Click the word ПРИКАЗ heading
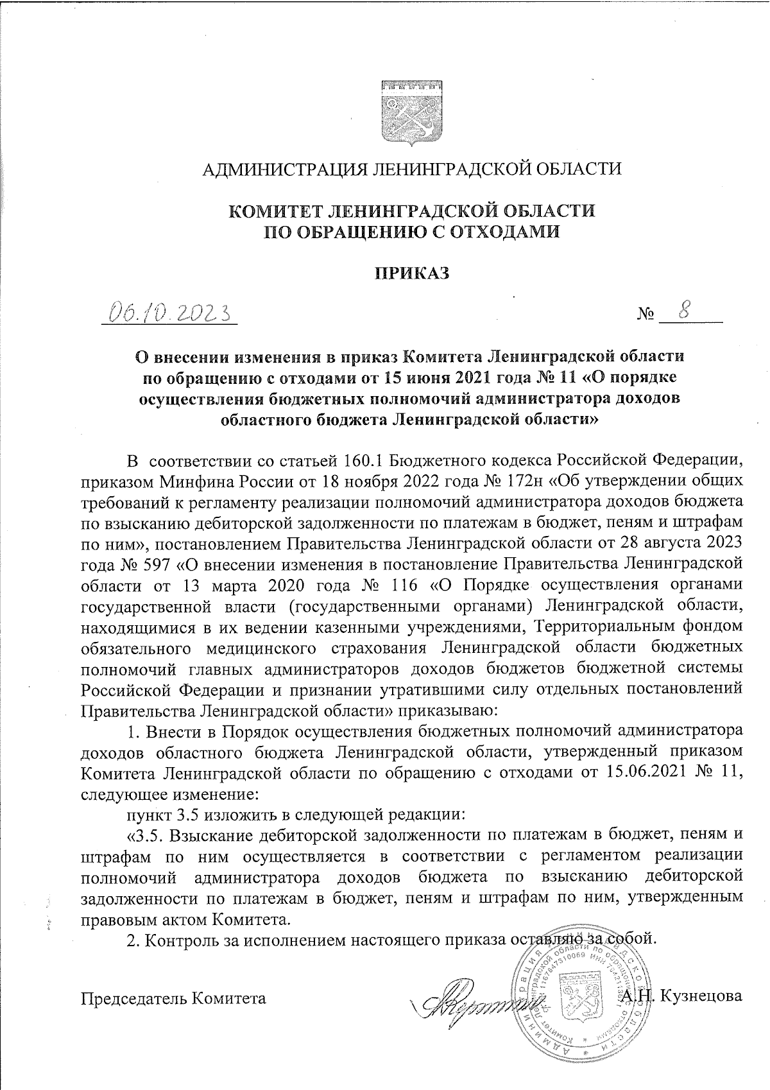(x=411, y=273)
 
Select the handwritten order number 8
(x=685, y=310)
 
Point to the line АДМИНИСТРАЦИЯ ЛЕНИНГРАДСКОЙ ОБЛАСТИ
(x=411, y=169)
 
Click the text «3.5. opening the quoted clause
(x=147, y=835)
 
